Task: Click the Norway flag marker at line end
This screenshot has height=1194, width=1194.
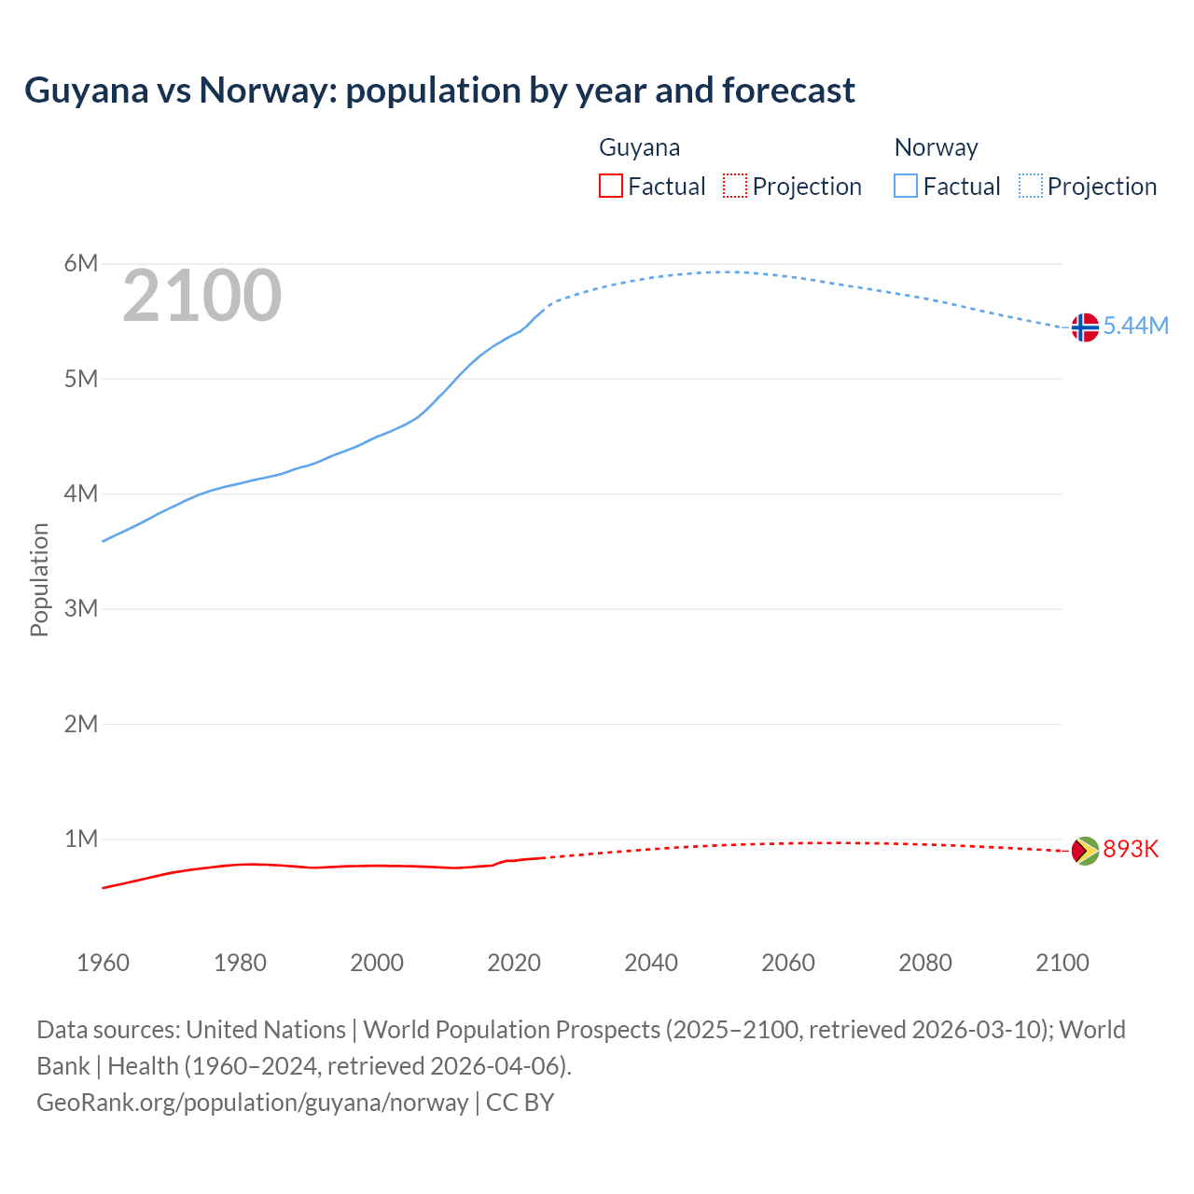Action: (x=1085, y=327)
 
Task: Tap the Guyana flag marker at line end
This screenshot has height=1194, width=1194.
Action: (x=1085, y=851)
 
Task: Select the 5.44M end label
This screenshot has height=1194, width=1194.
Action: (x=1136, y=326)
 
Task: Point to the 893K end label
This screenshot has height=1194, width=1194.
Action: (x=1131, y=849)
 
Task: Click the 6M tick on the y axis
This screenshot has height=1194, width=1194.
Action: (x=81, y=263)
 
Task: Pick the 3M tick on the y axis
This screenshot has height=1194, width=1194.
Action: (x=81, y=609)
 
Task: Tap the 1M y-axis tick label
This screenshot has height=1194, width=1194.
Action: (x=81, y=839)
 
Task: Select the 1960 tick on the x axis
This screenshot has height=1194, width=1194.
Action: (x=103, y=963)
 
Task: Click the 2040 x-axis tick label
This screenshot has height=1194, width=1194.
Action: (x=651, y=963)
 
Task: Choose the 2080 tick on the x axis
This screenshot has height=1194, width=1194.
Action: (x=925, y=963)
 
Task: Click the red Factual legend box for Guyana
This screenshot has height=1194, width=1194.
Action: (x=611, y=186)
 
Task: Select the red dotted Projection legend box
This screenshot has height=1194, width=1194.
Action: (x=735, y=186)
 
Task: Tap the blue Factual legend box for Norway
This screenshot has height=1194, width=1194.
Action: (x=906, y=186)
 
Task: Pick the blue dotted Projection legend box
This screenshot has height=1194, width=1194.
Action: (x=1031, y=186)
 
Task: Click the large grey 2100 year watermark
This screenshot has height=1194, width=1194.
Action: (x=201, y=296)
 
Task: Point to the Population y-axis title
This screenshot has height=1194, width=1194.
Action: (x=39, y=579)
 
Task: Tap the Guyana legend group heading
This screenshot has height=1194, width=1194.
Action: (x=639, y=147)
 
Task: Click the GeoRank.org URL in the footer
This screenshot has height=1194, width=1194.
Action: (x=253, y=1102)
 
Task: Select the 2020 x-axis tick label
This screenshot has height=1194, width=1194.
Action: (x=514, y=963)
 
